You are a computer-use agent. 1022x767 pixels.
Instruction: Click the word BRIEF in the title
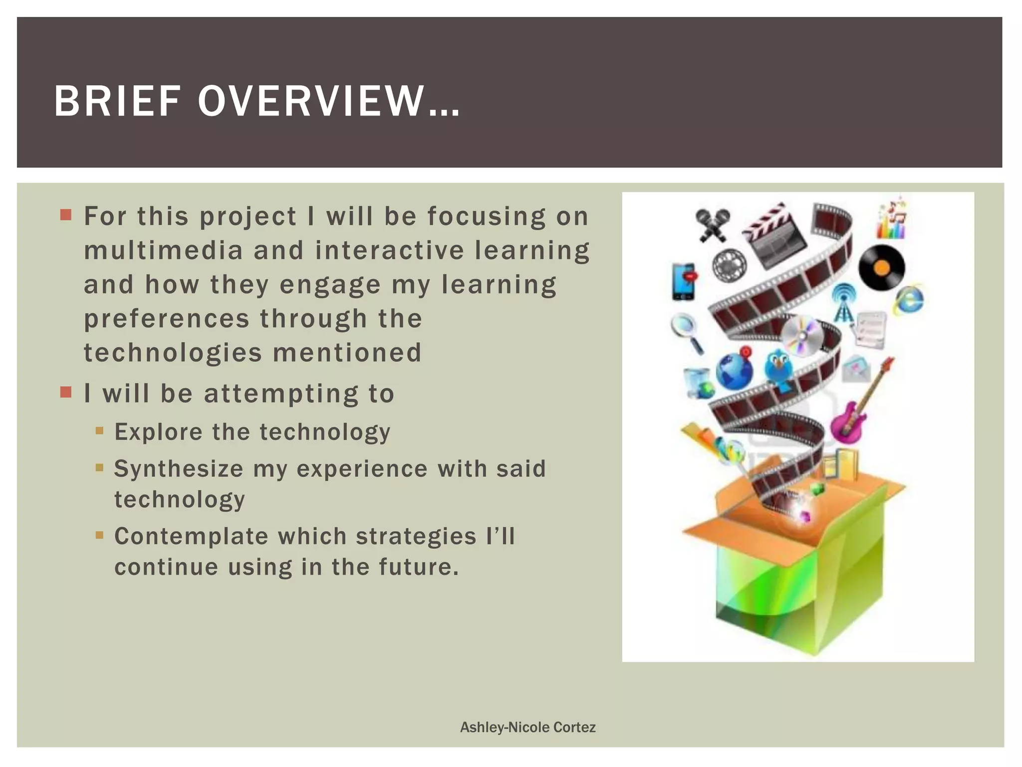(117, 102)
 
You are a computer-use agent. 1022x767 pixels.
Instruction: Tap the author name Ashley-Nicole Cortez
(527, 727)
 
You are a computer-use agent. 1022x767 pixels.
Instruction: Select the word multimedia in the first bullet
(163, 250)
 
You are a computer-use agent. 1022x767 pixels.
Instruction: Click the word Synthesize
(179, 469)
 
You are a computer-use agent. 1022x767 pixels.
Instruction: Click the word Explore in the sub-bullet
(158, 432)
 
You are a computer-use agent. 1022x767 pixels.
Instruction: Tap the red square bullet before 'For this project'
(66, 215)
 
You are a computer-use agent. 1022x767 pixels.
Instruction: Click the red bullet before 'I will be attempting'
(66, 392)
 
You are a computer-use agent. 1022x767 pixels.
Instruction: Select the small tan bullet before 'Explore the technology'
(99, 430)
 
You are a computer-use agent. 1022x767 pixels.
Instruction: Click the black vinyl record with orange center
(881, 268)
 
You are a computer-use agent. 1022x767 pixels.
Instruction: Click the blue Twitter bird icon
(779, 367)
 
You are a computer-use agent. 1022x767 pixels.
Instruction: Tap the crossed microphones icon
(712, 225)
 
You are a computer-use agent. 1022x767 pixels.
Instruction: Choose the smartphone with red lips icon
(683, 282)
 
